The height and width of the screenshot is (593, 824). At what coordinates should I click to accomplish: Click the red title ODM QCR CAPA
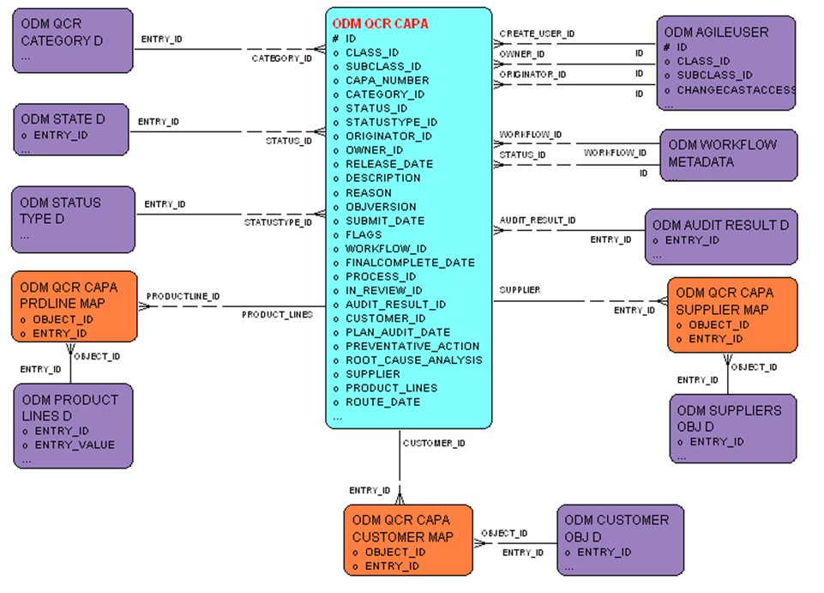click(380, 24)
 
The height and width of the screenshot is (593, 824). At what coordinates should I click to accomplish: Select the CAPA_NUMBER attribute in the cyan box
click(387, 80)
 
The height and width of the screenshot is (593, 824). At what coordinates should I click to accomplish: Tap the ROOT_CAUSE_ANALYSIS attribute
click(413, 360)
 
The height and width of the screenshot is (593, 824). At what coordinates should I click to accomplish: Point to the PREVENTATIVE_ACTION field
click(412, 346)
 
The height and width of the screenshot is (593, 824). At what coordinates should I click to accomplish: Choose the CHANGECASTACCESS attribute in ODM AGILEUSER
click(736, 89)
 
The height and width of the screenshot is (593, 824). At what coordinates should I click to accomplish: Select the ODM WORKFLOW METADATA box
click(728, 154)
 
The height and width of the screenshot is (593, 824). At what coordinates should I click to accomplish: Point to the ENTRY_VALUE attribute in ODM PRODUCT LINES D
click(74, 445)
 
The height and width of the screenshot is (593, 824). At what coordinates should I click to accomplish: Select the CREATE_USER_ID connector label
click(537, 33)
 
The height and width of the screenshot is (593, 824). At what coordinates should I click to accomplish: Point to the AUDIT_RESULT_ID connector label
click(537, 221)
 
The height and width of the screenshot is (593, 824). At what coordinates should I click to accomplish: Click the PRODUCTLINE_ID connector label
click(183, 296)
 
